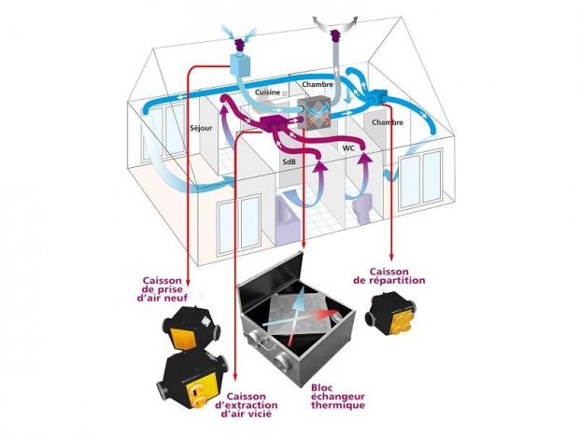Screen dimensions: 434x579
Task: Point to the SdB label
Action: point(289,162)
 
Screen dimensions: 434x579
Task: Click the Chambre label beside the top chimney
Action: point(318,85)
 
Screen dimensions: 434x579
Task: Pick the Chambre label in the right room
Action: point(388,122)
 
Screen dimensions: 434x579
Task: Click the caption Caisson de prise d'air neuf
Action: point(169,289)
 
